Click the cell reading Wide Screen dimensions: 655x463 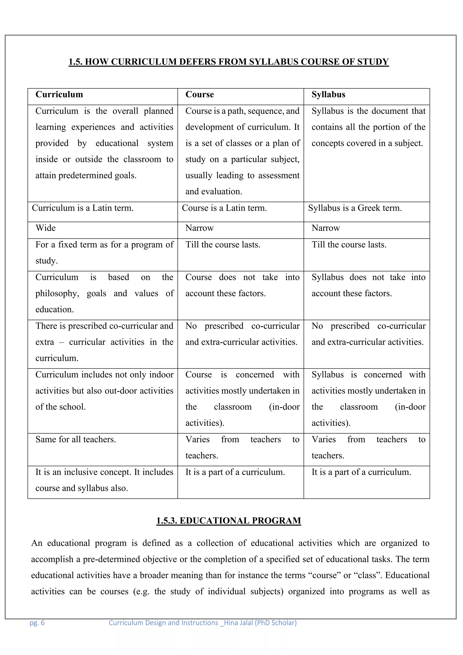coord(46,228)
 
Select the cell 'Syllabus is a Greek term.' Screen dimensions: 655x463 coord(355,208)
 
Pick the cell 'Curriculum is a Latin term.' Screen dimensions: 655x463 coord(83,208)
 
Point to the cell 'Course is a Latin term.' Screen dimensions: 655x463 coord(224,208)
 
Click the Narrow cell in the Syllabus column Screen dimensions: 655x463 coord(326,228)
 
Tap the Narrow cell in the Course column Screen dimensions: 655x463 coord(200,228)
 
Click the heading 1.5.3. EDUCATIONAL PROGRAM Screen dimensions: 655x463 coord(229,521)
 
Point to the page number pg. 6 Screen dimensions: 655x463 coord(37,623)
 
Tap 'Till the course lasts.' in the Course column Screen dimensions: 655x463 coord(223,245)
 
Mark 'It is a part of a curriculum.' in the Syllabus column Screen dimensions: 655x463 coord(361,472)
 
